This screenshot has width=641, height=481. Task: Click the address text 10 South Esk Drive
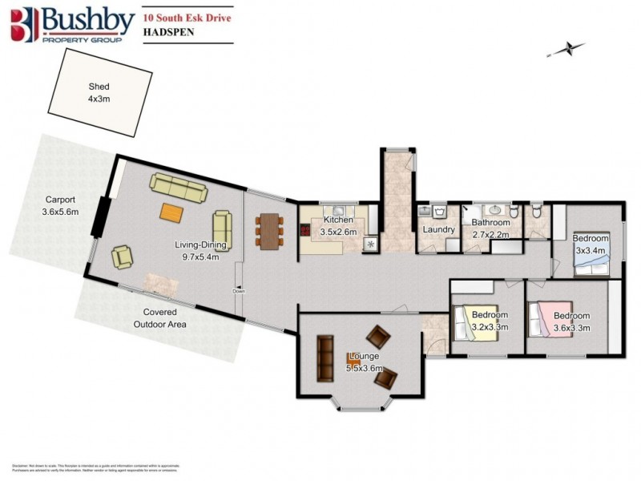coord(182,14)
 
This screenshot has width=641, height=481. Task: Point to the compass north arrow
coord(564,50)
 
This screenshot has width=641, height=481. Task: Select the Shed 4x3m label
coord(99,92)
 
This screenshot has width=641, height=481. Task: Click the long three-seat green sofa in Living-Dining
coord(177,189)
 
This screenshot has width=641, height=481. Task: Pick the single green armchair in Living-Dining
coord(123,257)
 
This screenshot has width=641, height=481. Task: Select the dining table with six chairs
coord(269,231)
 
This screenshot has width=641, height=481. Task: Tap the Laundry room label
coord(439,229)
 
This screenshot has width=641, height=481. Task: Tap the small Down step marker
coord(238,291)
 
